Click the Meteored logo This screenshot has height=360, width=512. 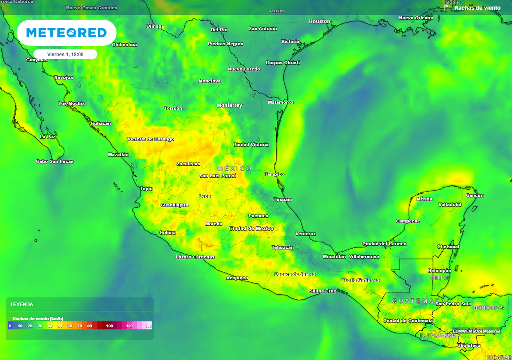66,33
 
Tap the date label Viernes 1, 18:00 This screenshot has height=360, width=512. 65,54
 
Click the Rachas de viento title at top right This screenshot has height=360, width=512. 477,8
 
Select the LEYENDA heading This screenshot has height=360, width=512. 22,304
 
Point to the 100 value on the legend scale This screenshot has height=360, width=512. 109,326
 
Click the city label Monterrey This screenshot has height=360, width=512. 229,105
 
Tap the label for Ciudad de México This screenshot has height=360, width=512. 251,228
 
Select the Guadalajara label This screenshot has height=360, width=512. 174,205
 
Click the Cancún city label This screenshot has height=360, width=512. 475,195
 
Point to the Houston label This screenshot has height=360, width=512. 320,21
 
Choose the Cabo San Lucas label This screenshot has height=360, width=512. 55,161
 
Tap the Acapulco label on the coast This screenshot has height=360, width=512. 237,278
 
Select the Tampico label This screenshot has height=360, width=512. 274,174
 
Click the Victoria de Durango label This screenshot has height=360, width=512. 151,139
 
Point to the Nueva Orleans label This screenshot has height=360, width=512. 416,18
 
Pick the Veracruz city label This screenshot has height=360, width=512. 306,234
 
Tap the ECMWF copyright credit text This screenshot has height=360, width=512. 476,331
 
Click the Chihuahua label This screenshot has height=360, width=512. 125,44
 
